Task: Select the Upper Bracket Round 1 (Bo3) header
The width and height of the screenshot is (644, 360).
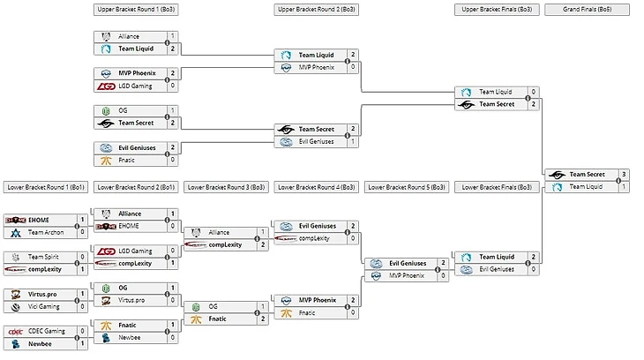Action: tap(136, 10)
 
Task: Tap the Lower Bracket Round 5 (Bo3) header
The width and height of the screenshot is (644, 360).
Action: tap(408, 187)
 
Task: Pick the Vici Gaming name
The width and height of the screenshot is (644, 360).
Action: tap(43, 306)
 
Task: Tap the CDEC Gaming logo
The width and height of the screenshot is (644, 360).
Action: tap(16, 332)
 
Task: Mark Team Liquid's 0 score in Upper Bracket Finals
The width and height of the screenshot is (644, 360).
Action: tap(534, 92)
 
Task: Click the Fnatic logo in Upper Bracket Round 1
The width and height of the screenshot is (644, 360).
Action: tap(106, 160)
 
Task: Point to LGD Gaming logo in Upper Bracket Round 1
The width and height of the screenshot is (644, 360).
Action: tap(106, 86)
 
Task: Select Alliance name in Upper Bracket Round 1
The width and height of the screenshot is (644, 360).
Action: tap(130, 36)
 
